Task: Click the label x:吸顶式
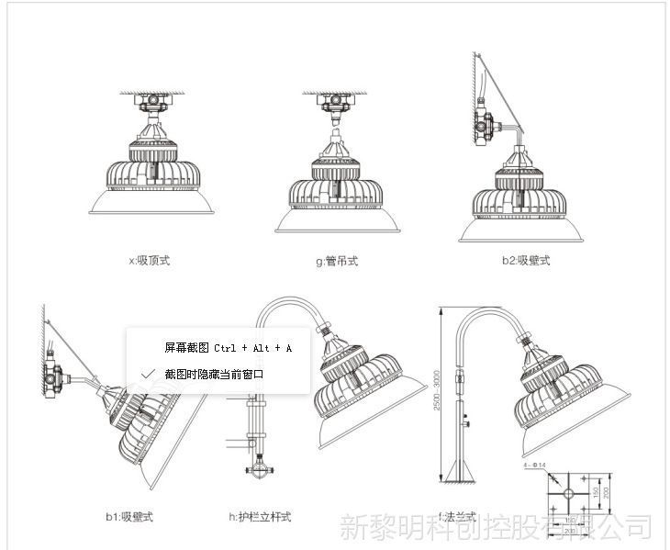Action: point(150,261)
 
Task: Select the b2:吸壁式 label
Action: point(525,261)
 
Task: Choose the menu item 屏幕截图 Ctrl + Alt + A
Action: point(228,348)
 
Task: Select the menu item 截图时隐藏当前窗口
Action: point(214,375)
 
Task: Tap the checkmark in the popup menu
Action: point(149,375)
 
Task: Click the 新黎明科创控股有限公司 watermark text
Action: point(496,527)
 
